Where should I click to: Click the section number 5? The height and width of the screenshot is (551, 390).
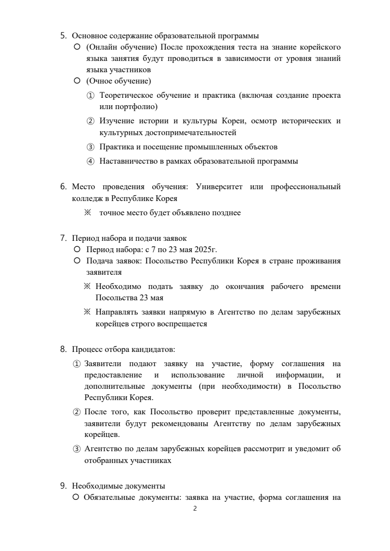coord(63,35)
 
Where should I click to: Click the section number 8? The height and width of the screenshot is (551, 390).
coord(63,349)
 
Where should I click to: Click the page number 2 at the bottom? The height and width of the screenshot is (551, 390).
coord(195,509)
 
